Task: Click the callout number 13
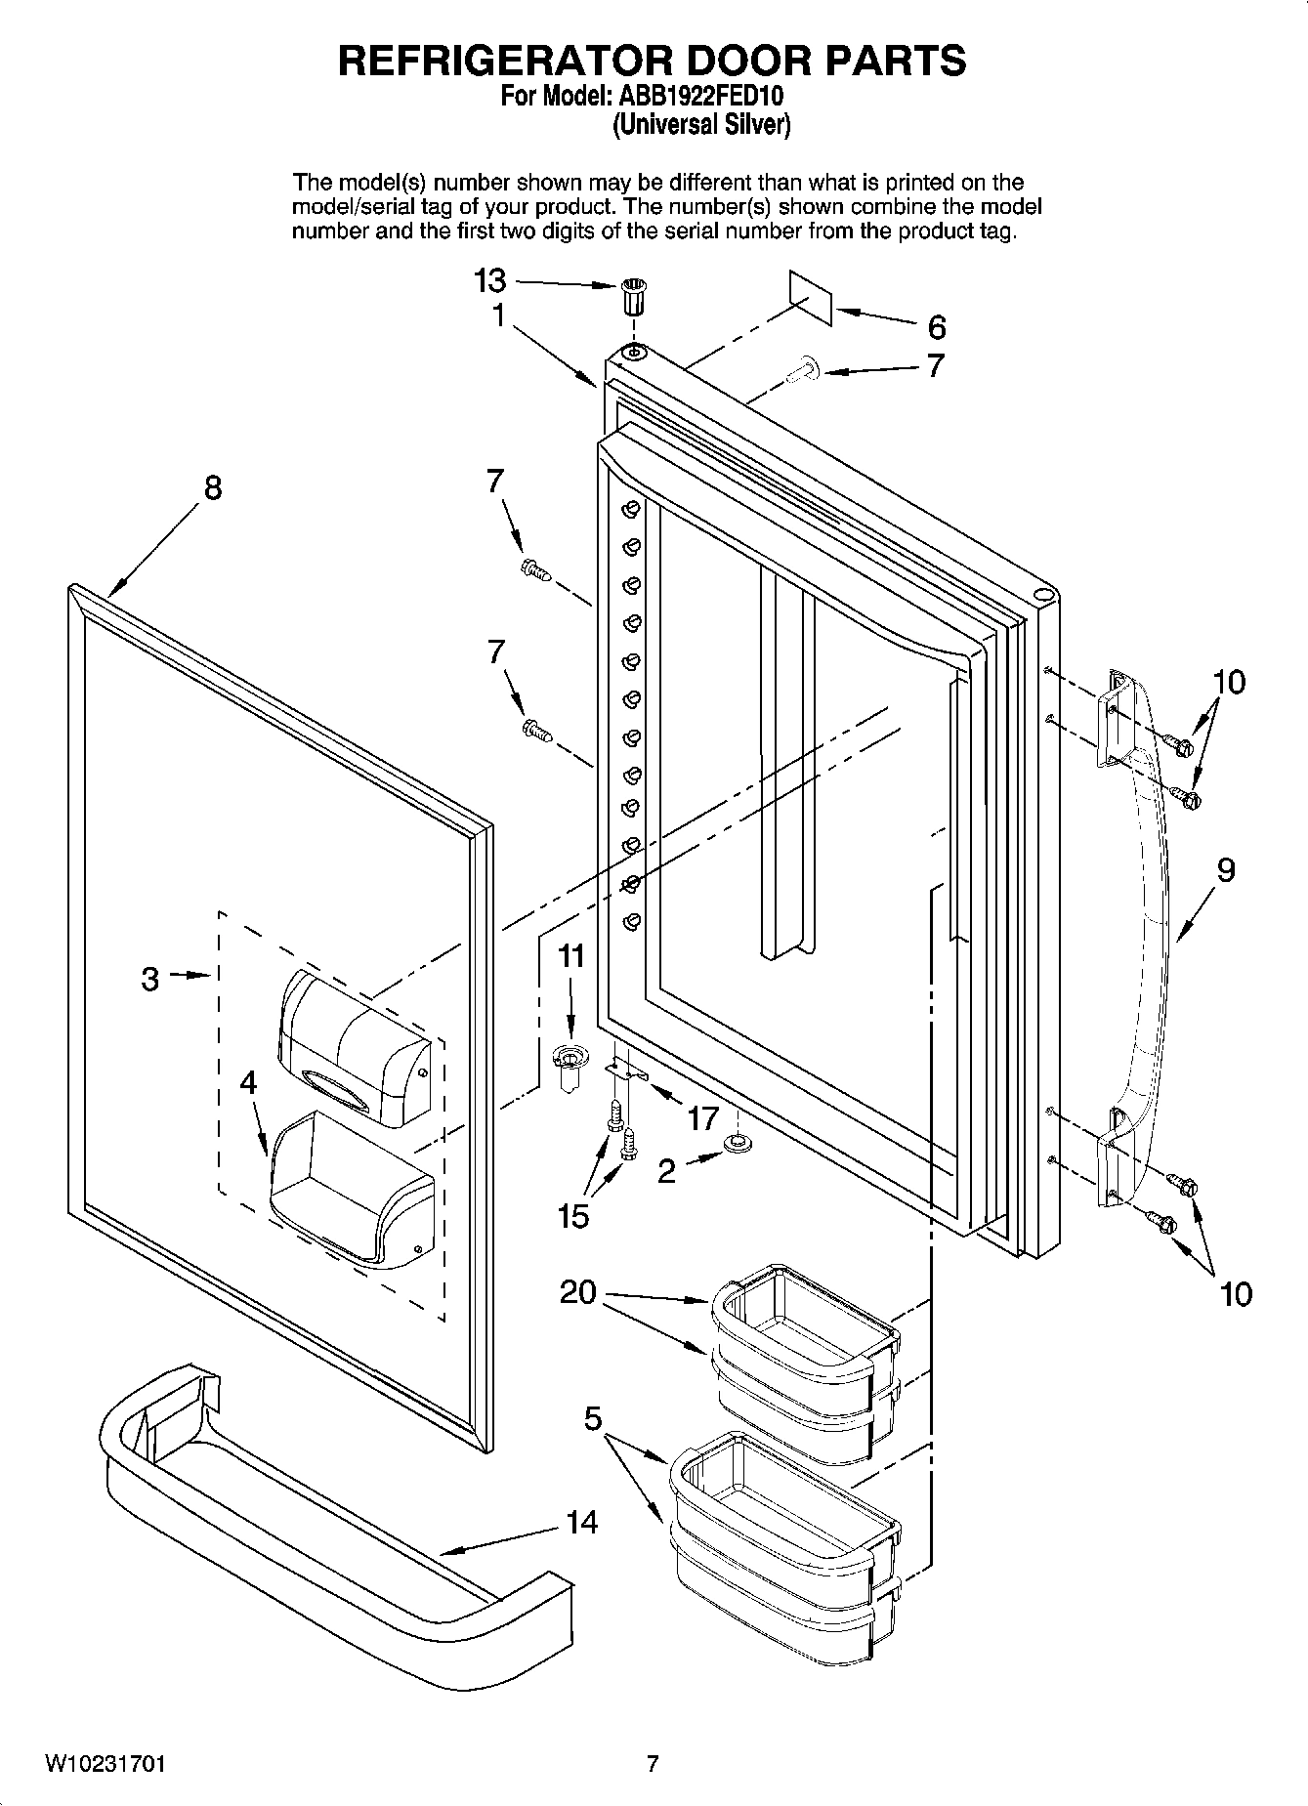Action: point(489,281)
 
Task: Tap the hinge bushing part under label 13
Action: point(634,295)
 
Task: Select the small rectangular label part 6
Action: point(811,298)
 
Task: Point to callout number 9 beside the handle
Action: point(1225,869)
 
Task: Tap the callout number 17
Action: point(702,1118)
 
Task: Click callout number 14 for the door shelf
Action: point(582,1522)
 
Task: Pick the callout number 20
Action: point(577,1292)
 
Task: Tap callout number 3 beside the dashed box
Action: point(149,978)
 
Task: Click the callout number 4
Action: point(249,1082)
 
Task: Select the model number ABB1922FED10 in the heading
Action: point(698,98)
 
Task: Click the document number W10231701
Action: point(105,1764)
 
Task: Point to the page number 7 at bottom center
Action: point(653,1764)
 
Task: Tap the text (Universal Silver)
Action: point(700,125)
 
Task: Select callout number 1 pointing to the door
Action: point(498,316)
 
